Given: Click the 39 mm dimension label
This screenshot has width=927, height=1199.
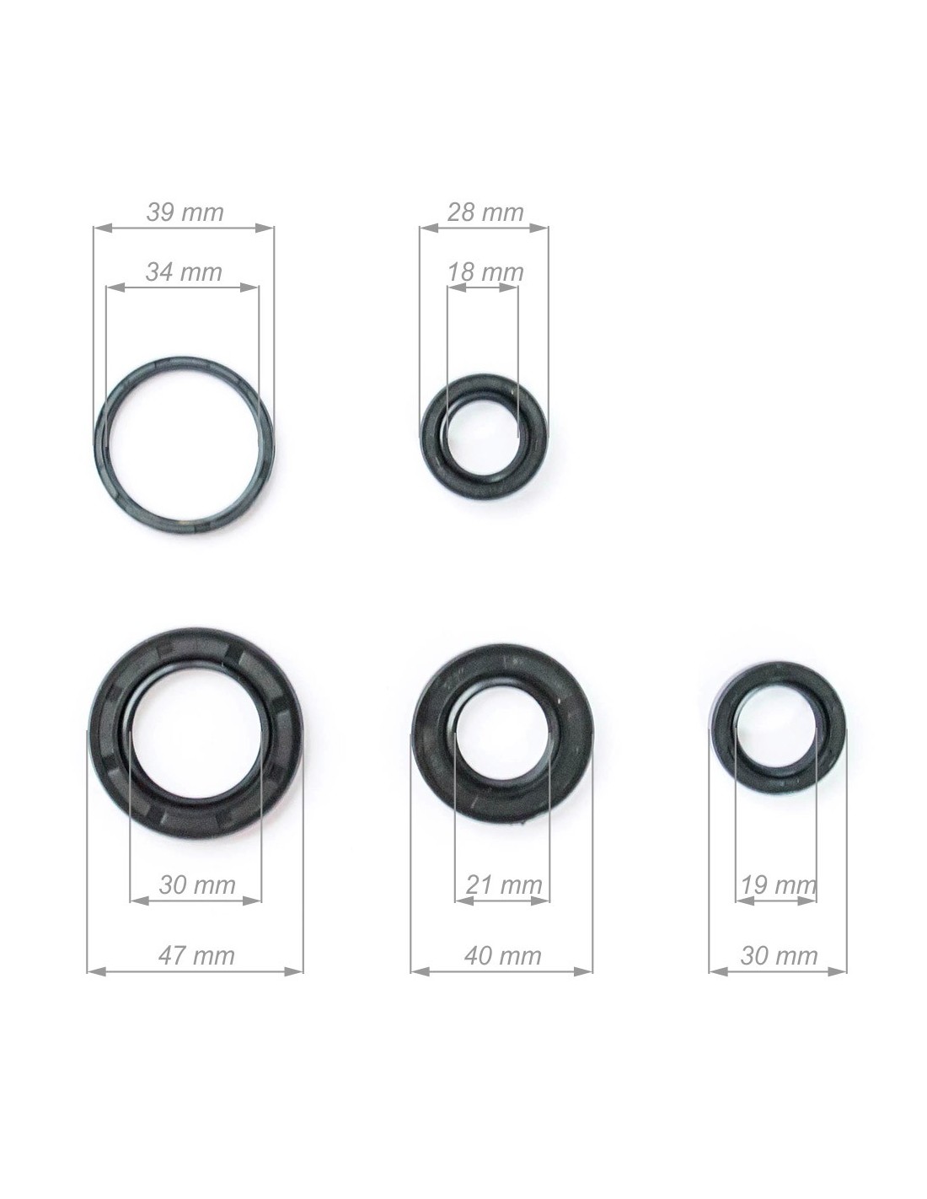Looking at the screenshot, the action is tap(185, 212).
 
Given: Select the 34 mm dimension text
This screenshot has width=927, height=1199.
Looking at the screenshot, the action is tap(184, 272).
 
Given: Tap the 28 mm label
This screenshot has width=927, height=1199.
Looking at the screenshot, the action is tap(485, 212).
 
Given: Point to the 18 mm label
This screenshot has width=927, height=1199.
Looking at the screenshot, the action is tap(485, 272).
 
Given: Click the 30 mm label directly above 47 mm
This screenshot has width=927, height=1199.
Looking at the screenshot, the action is tap(197, 885).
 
